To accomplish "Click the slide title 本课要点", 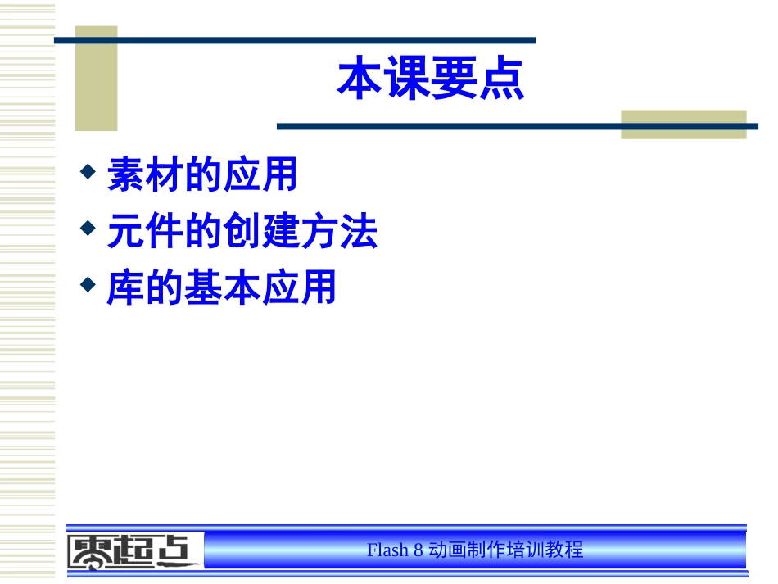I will point(431,79).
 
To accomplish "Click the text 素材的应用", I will point(202,176).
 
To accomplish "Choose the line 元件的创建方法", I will point(242,233).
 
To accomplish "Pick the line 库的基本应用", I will point(222,288).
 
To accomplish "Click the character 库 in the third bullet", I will point(125,288).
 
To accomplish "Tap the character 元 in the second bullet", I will point(125,233).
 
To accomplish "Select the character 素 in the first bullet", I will point(125,176).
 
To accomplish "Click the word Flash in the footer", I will point(387,550).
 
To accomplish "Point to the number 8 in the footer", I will point(418,550).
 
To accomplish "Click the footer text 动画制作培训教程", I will point(506,550).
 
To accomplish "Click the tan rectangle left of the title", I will point(97,79).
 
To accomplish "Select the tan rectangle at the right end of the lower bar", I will point(683,124).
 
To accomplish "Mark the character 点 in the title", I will point(501,79).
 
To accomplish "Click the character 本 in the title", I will point(361,79).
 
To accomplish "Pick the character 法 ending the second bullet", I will point(359,233).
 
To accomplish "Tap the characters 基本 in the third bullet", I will point(222,288).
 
